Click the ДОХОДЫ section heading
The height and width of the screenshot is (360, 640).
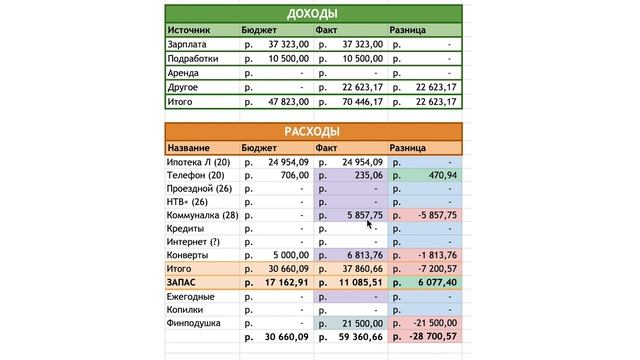point(311,14)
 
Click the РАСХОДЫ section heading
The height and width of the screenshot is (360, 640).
point(311,131)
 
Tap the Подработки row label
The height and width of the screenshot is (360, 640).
point(194,59)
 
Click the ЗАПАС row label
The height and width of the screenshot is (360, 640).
point(185,283)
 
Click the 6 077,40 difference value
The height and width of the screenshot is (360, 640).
point(435,283)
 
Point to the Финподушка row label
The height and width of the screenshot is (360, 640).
point(196,324)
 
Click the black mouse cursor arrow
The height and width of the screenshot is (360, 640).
point(370,224)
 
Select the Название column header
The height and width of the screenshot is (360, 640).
point(191,147)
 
